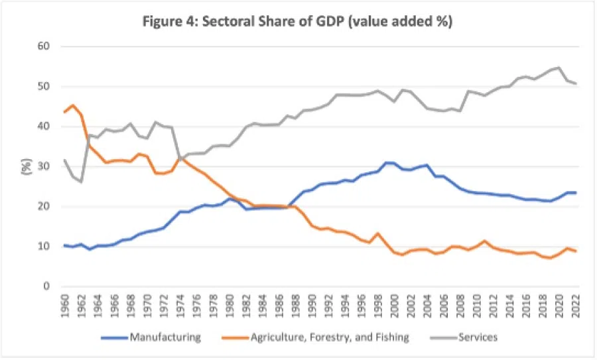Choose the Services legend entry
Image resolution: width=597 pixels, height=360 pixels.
[475, 337]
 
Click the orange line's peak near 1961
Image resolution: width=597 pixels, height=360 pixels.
[73, 105]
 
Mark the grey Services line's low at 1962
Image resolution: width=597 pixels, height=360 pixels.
[81, 181]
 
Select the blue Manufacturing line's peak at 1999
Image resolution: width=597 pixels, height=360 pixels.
[385, 162]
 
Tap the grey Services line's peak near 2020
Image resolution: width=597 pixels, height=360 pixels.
[559, 67]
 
